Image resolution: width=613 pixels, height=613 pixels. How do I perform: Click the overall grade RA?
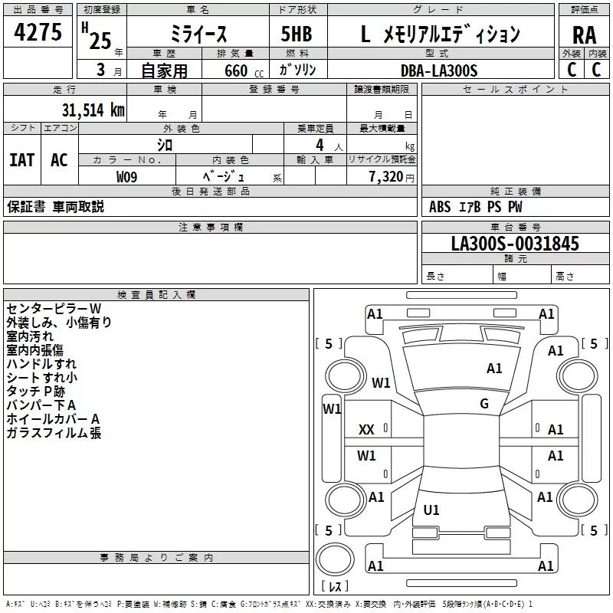pyautogui.click(x=584, y=34)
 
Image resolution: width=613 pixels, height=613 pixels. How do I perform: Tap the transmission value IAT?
pyautogui.click(x=21, y=159)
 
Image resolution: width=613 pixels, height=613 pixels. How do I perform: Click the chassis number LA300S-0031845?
pyautogui.click(x=515, y=244)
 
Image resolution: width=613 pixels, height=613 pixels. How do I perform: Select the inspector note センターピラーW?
pyautogui.click(x=54, y=308)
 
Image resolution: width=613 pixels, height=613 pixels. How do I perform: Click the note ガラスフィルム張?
pyautogui.click(x=54, y=433)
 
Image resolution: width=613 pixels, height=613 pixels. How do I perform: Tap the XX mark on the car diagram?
pyautogui.click(x=366, y=430)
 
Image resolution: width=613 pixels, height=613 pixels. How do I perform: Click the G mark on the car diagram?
pyautogui.click(x=484, y=403)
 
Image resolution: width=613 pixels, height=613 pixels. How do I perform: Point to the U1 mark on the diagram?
pyautogui.click(x=431, y=510)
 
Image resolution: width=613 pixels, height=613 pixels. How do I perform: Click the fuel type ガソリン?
pyautogui.click(x=298, y=70)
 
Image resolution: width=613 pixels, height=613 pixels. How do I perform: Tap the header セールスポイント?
pyautogui.click(x=516, y=90)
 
